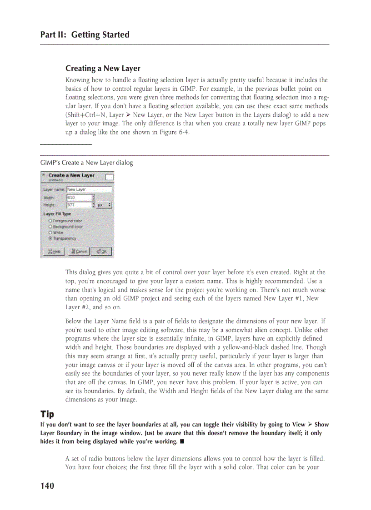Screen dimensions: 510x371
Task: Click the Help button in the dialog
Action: coord(53,251)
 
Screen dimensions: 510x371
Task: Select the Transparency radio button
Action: coord(50,238)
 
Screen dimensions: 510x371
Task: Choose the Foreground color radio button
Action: coord(50,221)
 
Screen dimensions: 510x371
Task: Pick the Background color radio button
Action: coord(50,226)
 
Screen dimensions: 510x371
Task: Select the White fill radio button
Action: coord(50,232)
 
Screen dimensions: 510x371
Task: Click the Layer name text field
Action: coord(89,189)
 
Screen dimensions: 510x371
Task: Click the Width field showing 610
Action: coord(79,198)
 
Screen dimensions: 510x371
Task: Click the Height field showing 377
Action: coord(79,205)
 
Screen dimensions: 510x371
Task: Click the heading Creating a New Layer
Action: coord(103,69)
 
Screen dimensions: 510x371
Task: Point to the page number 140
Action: coord(47,486)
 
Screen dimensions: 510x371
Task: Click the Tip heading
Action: coord(47,414)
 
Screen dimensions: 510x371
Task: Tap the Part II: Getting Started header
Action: coord(85,35)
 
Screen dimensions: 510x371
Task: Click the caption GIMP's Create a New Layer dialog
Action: coord(86,163)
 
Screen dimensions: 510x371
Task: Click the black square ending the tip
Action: coord(182,441)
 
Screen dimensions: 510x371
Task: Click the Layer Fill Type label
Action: coord(57,214)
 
